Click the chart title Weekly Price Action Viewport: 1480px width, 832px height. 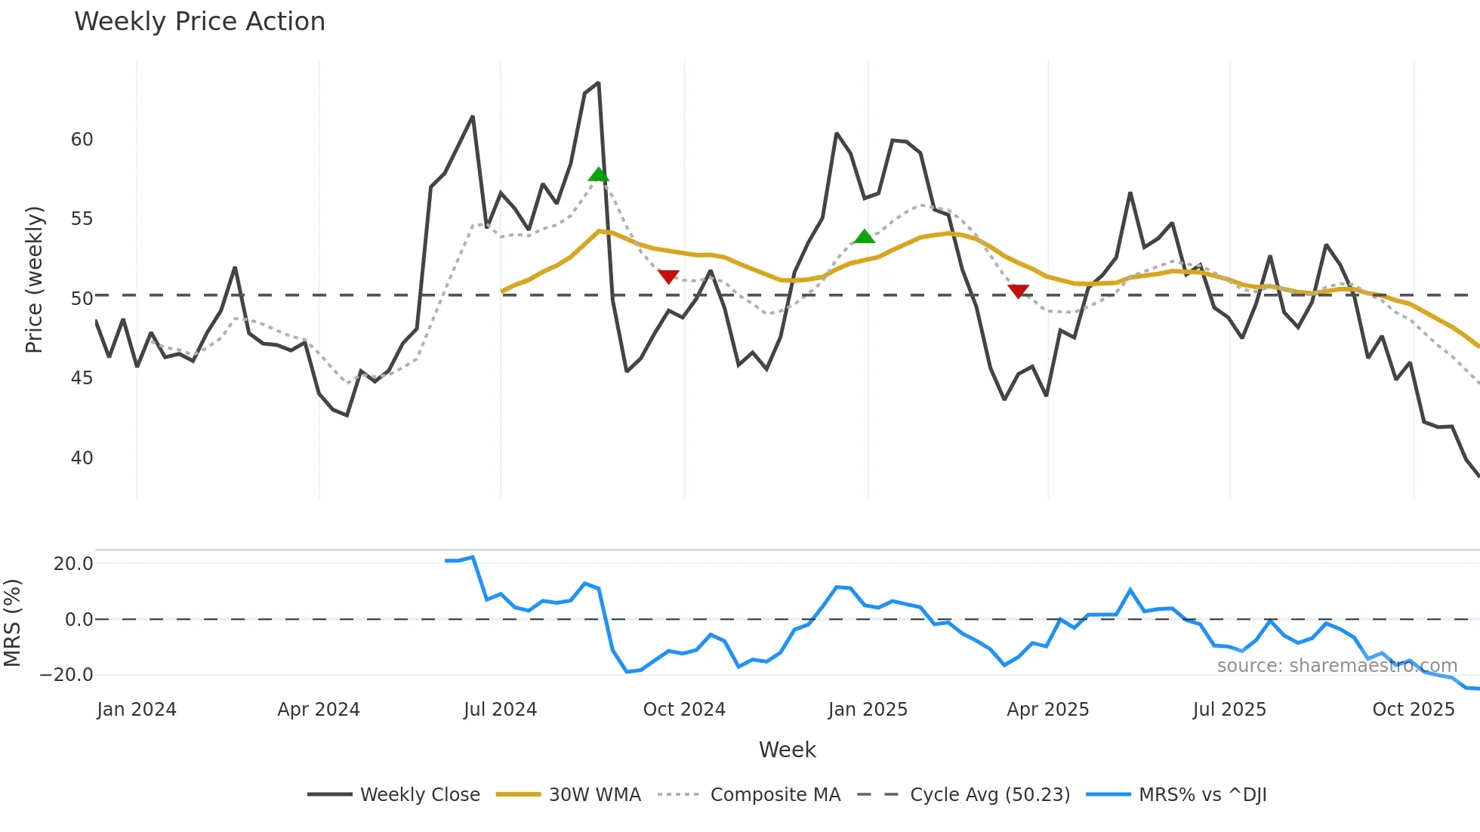coord(199,22)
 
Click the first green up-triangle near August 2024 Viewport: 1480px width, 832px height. coord(598,175)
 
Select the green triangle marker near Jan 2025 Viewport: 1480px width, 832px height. coord(864,237)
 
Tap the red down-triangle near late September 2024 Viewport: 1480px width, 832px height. coord(668,276)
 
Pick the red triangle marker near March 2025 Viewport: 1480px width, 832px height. coord(1018,291)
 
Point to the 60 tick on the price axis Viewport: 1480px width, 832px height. coord(82,140)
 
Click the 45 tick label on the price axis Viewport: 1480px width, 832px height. coord(82,378)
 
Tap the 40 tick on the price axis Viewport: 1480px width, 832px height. coord(82,458)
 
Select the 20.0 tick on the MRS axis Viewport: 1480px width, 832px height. coord(73,564)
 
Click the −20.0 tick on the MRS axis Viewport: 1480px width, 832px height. coord(66,675)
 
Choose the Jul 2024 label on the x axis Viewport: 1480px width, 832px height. coord(500,710)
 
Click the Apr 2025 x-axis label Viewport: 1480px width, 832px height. coord(1047,710)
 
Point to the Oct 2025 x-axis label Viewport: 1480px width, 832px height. coord(1413,710)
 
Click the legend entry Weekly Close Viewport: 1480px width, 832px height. coord(420,795)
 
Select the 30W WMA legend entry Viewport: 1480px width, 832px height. coord(594,795)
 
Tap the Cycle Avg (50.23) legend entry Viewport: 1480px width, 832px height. coord(989,795)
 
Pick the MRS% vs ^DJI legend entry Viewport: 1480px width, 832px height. coord(1202,795)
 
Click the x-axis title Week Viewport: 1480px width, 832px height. coord(787,750)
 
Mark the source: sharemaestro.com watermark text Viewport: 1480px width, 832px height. coord(1337,666)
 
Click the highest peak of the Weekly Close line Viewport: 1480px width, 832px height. coord(598,83)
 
